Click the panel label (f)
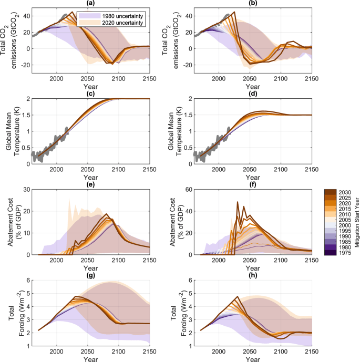[x=250, y=183]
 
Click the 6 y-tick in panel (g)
[x=25, y=281]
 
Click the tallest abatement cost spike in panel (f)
[x=238, y=202]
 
